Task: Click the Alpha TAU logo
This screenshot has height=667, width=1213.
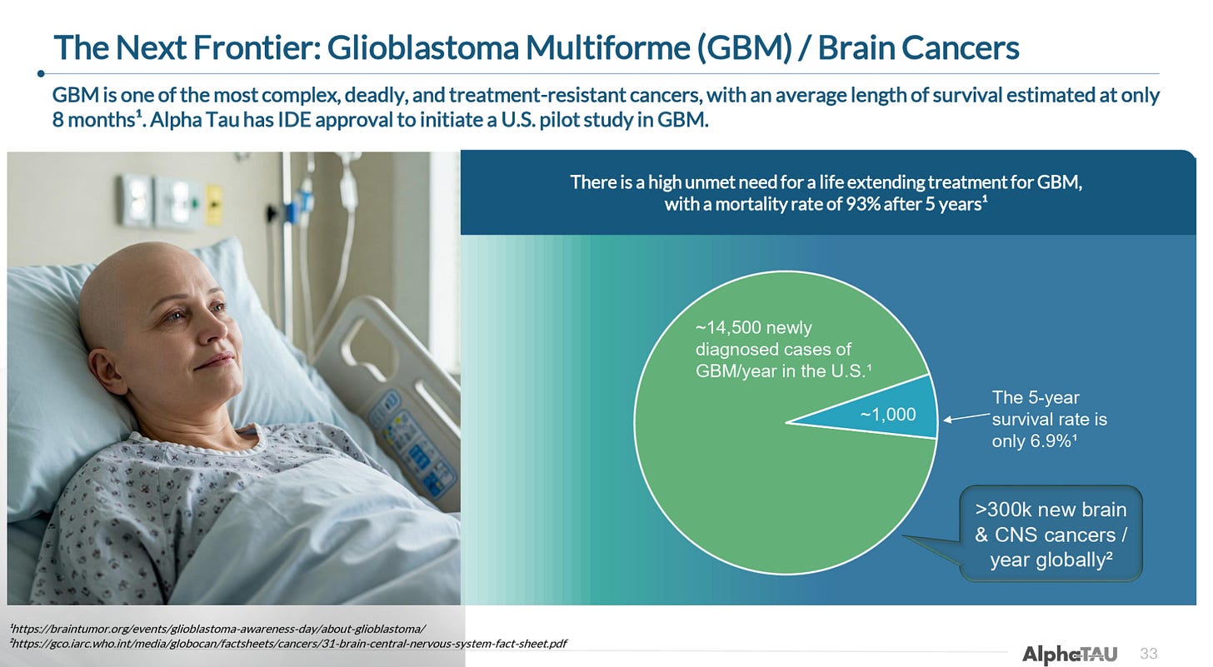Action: coord(1069,654)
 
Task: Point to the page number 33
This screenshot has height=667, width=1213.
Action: coord(1148,654)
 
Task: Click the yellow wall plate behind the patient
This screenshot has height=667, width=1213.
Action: coord(214,205)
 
